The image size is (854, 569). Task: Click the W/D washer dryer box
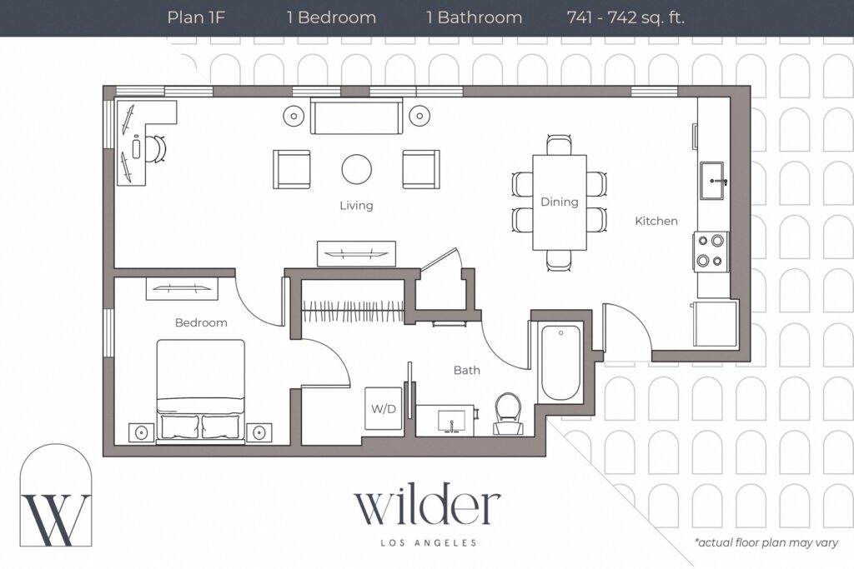tap(384, 409)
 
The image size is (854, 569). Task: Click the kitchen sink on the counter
tap(714, 181)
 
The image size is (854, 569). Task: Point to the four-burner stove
tap(711, 251)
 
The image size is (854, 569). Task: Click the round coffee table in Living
tap(357, 169)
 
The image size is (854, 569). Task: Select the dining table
tap(559, 202)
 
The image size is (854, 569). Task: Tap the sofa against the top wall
tap(356, 116)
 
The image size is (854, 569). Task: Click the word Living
tap(356, 205)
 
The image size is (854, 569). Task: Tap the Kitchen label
tap(656, 221)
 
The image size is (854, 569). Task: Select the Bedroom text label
tap(201, 322)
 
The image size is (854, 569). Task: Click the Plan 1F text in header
tap(196, 17)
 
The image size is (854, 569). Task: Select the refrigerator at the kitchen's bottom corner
tap(715, 324)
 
